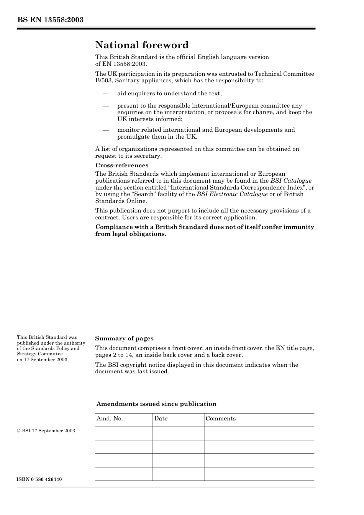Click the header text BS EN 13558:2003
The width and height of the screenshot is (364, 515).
[50, 20]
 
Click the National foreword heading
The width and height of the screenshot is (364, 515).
[142, 45]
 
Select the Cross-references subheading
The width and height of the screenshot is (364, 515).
[122, 165]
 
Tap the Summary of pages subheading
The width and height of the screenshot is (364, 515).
[124, 338]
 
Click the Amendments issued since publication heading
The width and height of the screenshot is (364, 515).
[156, 404]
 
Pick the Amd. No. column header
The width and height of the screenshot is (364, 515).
[110, 419]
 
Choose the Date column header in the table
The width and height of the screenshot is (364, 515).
[161, 419]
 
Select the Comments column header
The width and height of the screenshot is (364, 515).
[221, 419]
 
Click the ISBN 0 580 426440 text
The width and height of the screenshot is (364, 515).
[39, 480]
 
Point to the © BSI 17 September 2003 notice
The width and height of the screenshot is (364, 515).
[46, 431]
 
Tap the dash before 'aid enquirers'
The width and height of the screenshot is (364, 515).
[105, 93]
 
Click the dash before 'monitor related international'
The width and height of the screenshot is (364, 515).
[105, 130]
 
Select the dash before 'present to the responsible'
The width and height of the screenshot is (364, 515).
[105, 106]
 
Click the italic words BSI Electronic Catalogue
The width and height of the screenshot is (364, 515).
[232, 194]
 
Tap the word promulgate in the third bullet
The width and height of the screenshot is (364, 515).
[133, 137]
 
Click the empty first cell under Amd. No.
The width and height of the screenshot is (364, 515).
[124, 433]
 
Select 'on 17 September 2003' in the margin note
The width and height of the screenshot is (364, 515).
[42, 360]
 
